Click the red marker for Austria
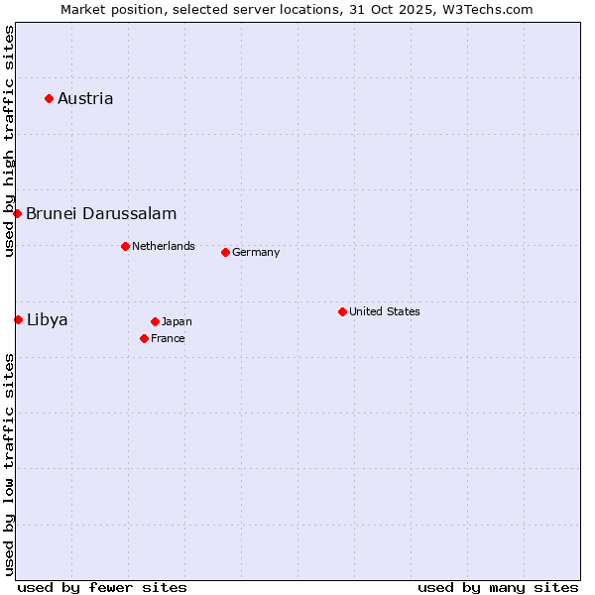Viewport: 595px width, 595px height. click(x=49, y=98)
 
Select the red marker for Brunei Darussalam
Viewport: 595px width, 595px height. click(x=18, y=213)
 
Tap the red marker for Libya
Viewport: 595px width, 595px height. click(x=19, y=319)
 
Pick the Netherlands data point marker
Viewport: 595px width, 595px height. click(x=125, y=246)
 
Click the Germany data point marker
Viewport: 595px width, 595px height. click(x=225, y=252)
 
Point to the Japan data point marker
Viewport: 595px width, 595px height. click(x=155, y=321)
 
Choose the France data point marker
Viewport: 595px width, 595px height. click(x=144, y=338)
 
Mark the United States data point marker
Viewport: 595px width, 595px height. click(x=342, y=311)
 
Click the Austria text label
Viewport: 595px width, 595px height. click(x=85, y=98)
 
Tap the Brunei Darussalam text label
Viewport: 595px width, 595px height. click(x=101, y=213)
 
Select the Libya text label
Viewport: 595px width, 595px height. click(x=48, y=319)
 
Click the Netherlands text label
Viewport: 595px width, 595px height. click(x=164, y=246)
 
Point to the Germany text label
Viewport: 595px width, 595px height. click(x=256, y=252)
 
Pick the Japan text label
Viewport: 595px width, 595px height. click(x=177, y=321)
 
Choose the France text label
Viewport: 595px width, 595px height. click(x=168, y=338)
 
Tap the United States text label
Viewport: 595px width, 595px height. click(x=385, y=311)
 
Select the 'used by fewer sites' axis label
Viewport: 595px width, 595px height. click(x=102, y=587)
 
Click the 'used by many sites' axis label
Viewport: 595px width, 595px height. click(x=498, y=587)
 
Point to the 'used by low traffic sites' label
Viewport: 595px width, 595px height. click(x=9, y=464)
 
